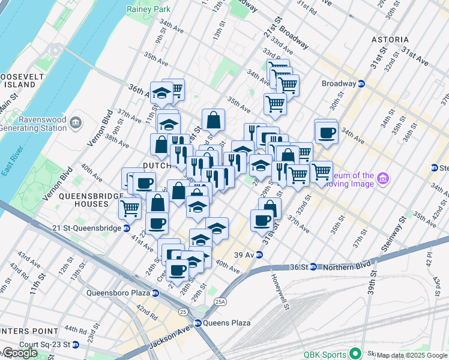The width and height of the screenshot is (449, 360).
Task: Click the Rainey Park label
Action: [148, 9]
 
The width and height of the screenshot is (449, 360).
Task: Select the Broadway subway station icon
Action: [361, 83]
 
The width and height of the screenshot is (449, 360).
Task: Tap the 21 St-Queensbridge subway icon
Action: [127, 228]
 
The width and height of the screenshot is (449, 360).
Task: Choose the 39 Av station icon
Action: [259, 254]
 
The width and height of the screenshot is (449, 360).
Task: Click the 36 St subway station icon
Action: [313, 267]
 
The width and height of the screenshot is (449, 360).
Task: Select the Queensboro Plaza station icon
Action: [155, 293]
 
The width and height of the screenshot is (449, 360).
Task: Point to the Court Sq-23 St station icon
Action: [75, 345]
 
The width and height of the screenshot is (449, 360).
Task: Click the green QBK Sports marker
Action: [356, 353]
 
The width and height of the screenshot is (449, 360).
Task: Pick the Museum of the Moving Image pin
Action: [384, 178]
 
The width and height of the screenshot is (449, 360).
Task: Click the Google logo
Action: [20, 353]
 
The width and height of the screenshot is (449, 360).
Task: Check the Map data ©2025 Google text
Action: [412, 355]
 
